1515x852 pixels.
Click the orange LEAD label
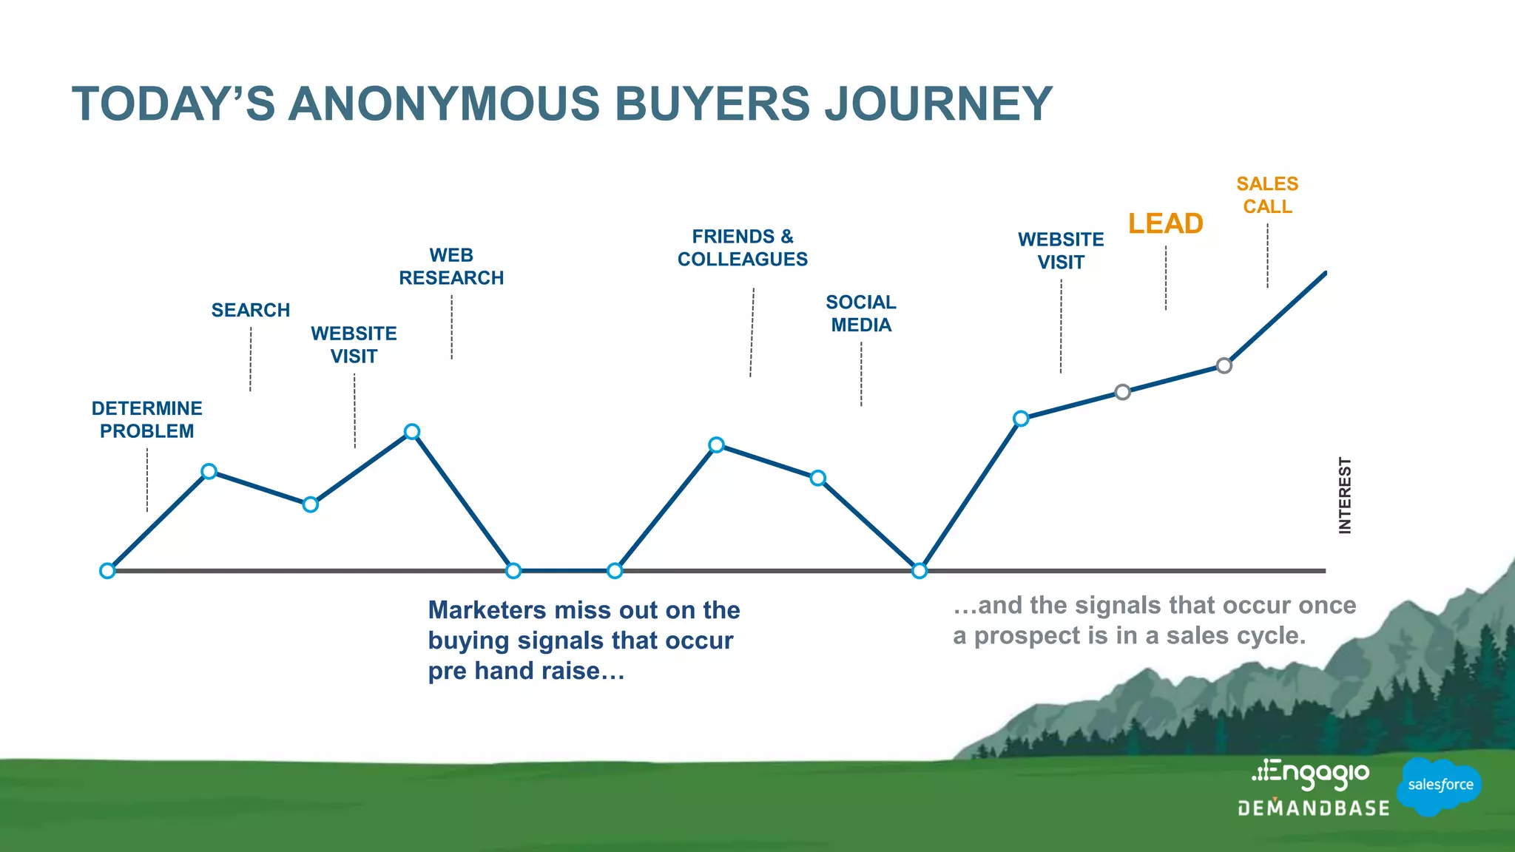(1165, 223)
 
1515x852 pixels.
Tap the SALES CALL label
(1267, 195)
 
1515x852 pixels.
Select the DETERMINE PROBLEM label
(146, 419)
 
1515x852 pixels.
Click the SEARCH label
(251, 310)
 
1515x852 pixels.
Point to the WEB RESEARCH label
(451, 266)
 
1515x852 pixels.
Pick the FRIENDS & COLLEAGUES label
(743, 248)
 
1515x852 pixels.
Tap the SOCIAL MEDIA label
(861, 314)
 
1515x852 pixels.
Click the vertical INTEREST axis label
(1345, 495)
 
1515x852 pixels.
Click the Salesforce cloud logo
(1440, 785)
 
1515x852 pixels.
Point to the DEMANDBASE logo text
(1314, 808)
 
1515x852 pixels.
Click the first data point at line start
(107, 571)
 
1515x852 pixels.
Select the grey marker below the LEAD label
(1122, 392)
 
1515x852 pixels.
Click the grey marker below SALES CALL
(1224, 365)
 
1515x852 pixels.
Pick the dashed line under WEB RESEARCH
(452, 327)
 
